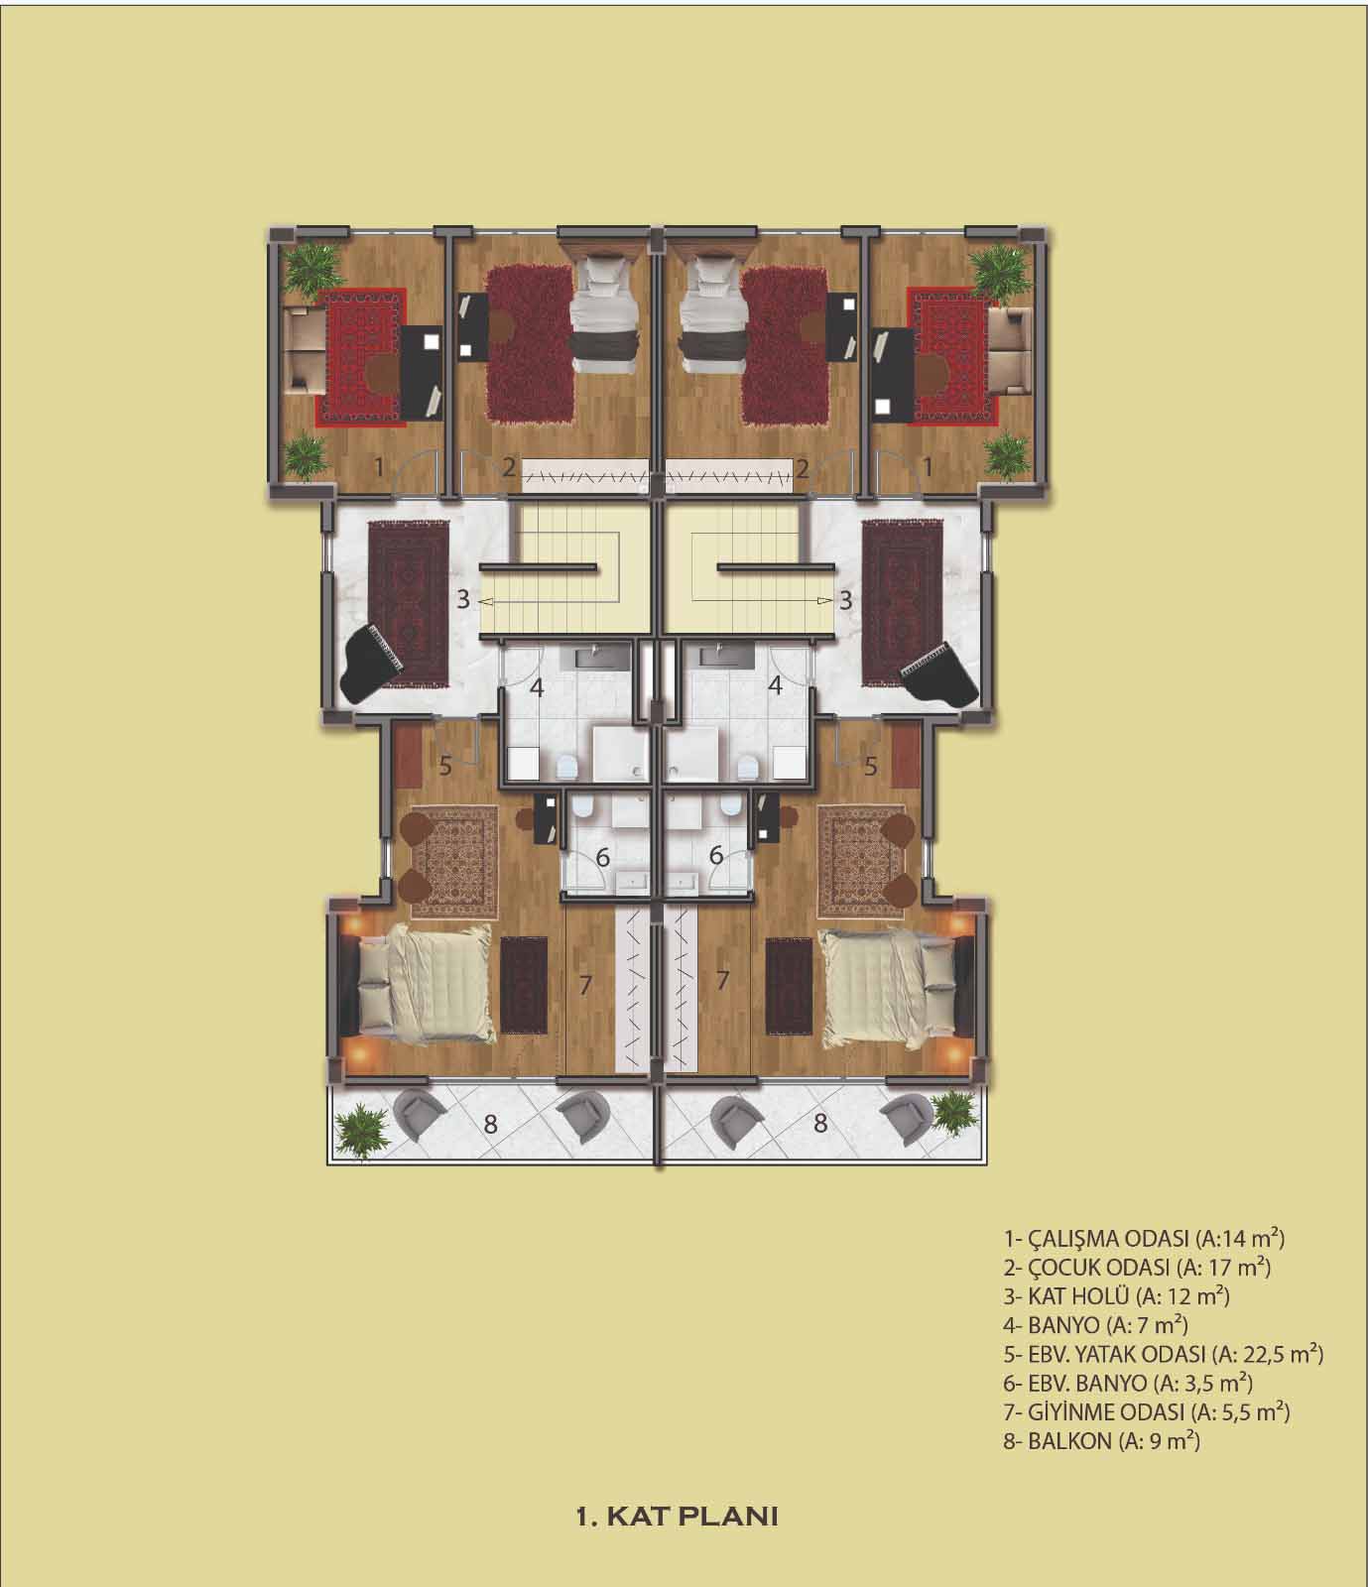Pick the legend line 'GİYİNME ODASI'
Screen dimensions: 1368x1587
1147,1411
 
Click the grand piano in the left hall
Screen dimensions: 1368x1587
373,661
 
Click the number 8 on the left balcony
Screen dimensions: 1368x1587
489,1124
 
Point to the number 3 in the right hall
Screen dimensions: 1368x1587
846,599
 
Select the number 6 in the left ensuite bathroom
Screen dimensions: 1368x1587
600,855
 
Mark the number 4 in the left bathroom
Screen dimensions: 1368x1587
537,686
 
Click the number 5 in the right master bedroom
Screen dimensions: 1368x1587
871,766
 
